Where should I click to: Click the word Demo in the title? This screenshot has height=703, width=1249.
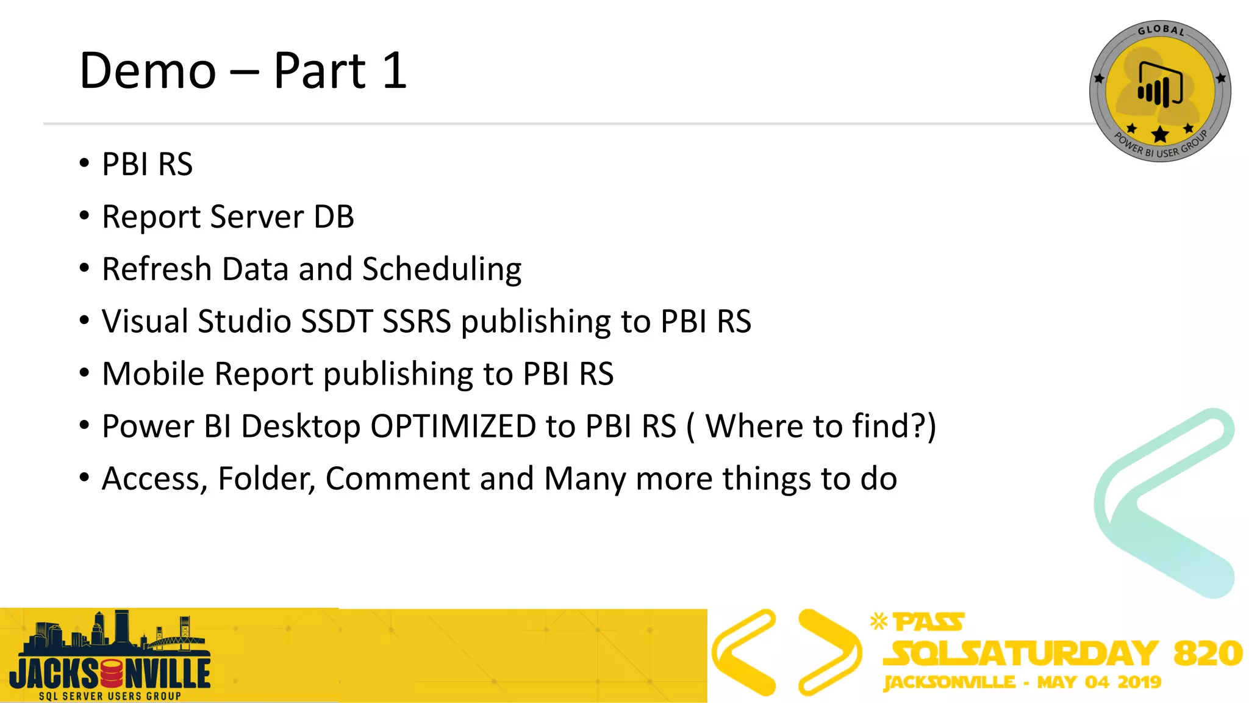[148, 71]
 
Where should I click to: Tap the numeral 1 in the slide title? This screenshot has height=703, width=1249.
[395, 71]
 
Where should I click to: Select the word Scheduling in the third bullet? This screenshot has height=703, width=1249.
[442, 269]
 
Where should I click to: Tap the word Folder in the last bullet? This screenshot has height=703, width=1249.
[267, 478]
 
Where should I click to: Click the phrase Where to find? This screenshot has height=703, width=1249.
[817, 426]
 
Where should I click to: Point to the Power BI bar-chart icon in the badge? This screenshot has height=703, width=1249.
[1159, 85]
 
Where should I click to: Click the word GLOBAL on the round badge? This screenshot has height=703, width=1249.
[1161, 30]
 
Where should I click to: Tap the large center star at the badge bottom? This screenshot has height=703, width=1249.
[1160, 134]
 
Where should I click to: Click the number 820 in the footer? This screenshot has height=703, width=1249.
[1208, 654]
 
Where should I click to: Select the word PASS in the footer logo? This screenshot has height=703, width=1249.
[928, 622]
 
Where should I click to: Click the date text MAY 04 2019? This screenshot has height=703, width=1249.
[1099, 682]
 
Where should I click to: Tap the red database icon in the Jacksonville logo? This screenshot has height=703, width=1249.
[112, 674]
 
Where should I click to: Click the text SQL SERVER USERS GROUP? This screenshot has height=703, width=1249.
[110, 696]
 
